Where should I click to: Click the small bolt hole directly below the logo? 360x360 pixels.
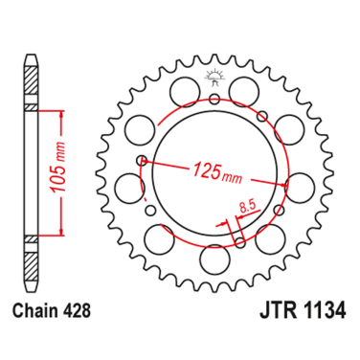coord(213,98)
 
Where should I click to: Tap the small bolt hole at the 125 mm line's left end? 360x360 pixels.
coord(142,159)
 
